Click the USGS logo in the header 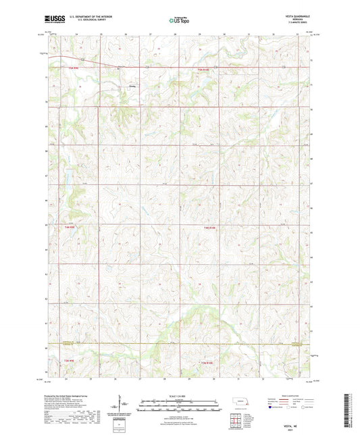pyautogui.click(x=50, y=20)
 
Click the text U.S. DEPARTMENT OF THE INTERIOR pyautogui.click(x=85, y=18)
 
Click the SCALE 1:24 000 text pyautogui.click(x=180, y=395)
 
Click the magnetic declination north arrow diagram pyautogui.click(x=122, y=407)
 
